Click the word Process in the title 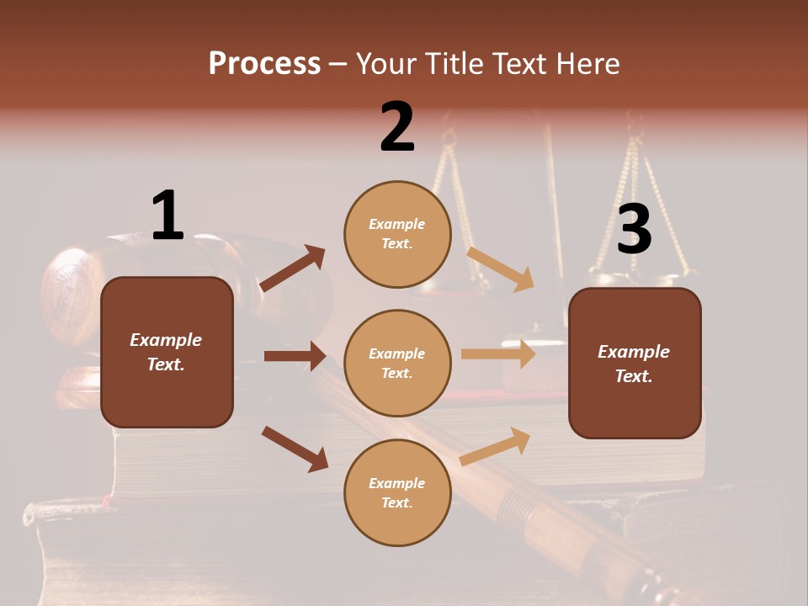[x=264, y=63]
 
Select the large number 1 [x=167, y=215]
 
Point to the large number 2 [x=397, y=127]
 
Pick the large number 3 [x=634, y=229]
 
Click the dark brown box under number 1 [x=167, y=352]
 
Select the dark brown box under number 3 [x=635, y=363]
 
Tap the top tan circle [x=397, y=234]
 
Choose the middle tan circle [x=397, y=363]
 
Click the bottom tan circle [x=397, y=492]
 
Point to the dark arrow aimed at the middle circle [x=295, y=356]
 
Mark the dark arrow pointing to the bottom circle [x=295, y=448]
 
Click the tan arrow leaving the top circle [x=501, y=268]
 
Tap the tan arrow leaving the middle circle [x=498, y=353]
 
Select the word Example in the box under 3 [x=634, y=352]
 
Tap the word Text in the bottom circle [x=396, y=502]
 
